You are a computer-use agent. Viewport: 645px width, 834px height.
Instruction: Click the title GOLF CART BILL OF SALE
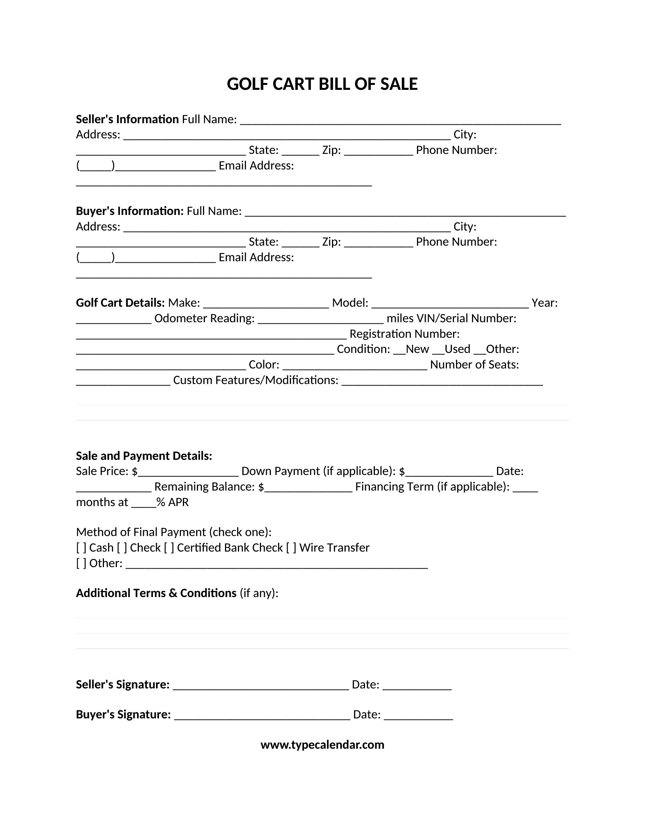click(x=322, y=84)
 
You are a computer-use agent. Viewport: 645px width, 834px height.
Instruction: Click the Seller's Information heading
click(x=127, y=119)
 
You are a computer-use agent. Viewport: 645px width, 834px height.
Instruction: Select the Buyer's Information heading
click(x=129, y=211)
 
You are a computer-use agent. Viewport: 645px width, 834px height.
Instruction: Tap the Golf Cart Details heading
click(x=120, y=303)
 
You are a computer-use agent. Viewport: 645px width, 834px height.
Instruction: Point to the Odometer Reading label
click(x=205, y=318)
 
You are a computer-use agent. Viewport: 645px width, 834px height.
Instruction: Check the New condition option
click(x=399, y=350)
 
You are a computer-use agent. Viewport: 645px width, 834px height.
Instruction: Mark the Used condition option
click(x=438, y=350)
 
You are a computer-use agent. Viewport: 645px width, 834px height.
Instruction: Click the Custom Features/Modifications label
click(x=256, y=380)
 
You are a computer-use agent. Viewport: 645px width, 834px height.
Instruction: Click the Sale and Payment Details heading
click(x=144, y=456)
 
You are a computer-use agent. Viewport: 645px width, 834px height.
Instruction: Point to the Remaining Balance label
click(x=205, y=486)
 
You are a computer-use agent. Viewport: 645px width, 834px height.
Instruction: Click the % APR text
click(x=173, y=502)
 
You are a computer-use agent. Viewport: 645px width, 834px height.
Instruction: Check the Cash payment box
click(x=81, y=548)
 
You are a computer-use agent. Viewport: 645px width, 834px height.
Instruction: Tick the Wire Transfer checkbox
click(x=291, y=548)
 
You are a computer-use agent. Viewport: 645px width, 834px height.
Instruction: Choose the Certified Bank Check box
click(x=169, y=548)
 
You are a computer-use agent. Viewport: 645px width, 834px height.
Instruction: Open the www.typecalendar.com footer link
click(x=322, y=745)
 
